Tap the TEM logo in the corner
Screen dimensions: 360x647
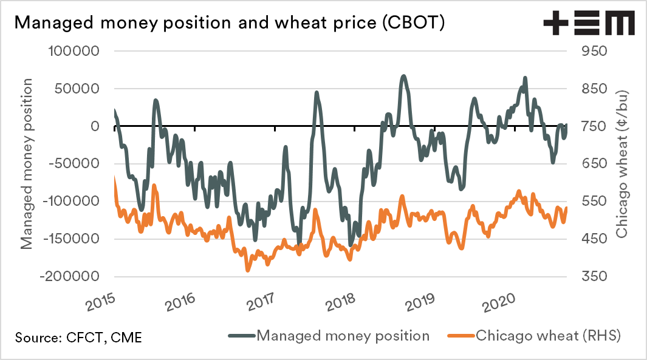point(589,24)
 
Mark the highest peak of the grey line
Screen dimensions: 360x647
point(403,76)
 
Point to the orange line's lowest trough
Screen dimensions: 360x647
point(248,270)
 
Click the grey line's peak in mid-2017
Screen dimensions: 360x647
point(317,93)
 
